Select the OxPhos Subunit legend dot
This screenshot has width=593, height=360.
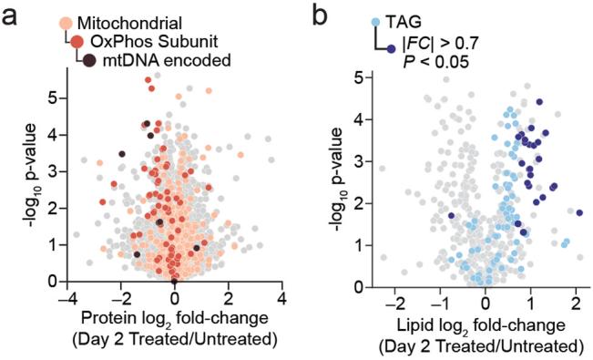77,41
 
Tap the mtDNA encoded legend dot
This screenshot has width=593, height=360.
89,60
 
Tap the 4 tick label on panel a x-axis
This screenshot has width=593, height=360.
282,298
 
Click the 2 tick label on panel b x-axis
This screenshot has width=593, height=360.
576,298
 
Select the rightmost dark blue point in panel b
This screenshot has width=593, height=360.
578,212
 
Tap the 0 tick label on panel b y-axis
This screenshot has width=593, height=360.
360,282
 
